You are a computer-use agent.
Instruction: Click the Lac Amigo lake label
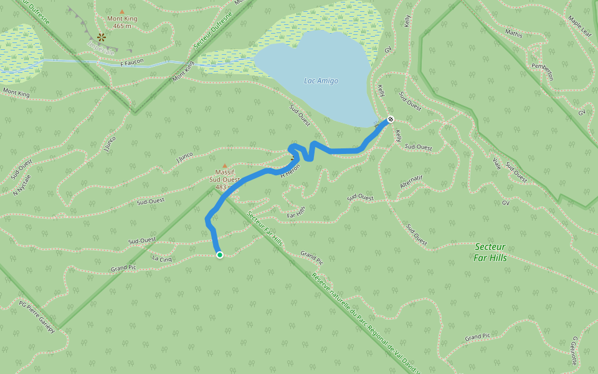tap(321, 81)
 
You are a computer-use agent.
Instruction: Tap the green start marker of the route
tap(219, 254)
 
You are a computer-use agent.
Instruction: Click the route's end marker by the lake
tap(390, 119)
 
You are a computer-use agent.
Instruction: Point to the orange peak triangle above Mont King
tap(121, 11)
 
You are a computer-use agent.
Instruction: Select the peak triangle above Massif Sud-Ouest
tap(225, 165)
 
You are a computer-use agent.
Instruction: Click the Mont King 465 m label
tap(121, 22)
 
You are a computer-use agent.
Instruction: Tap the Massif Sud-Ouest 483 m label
tap(224, 180)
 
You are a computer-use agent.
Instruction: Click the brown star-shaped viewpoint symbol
tap(102, 37)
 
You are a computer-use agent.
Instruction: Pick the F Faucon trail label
tap(131, 62)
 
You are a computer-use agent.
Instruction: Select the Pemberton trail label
tap(542, 70)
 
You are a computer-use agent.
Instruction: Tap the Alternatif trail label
tap(411, 182)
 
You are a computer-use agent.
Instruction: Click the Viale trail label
tap(496, 163)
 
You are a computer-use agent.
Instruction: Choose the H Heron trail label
tap(290, 171)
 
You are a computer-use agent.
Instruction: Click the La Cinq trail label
tap(162, 258)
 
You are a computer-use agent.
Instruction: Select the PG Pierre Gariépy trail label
tap(37, 317)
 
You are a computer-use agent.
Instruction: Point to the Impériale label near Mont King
tap(101, 48)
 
